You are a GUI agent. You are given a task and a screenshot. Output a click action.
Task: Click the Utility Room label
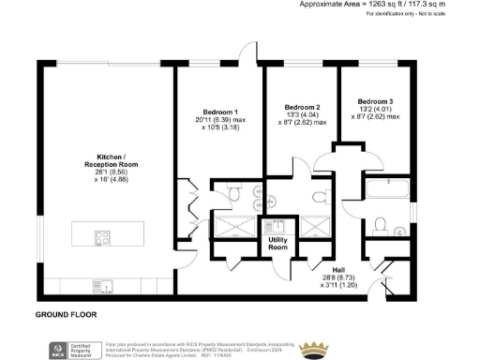[x=277, y=245]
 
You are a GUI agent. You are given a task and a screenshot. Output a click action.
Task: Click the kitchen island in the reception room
[x=106, y=230]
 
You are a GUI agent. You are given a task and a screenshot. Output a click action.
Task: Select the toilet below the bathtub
[x=381, y=223]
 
